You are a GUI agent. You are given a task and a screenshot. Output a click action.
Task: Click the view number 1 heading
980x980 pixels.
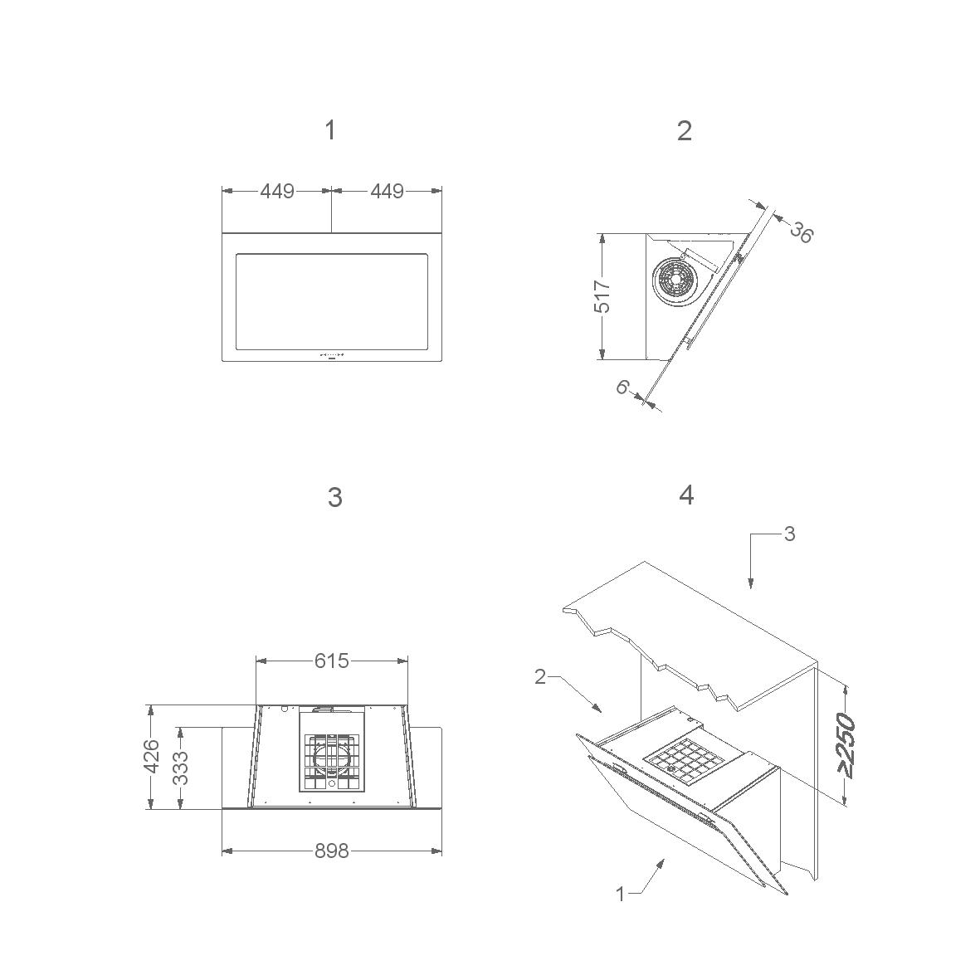coord(330,130)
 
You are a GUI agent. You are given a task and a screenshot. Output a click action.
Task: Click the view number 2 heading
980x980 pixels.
coord(685,130)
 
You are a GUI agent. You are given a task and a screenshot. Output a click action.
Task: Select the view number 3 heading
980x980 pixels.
coord(335,497)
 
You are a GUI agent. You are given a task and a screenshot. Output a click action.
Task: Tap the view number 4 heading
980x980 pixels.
coord(686,495)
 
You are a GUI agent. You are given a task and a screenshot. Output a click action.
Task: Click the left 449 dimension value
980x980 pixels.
coord(277,191)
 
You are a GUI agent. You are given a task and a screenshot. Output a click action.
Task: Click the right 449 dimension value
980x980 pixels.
coord(387,191)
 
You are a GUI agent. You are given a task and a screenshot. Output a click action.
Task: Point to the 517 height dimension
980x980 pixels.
coord(602,296)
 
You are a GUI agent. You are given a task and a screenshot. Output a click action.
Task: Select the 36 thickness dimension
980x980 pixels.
coord(802,232)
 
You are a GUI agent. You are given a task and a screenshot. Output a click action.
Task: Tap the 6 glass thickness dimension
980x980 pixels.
coord(622,388)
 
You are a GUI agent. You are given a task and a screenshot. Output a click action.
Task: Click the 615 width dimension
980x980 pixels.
coord(331,661)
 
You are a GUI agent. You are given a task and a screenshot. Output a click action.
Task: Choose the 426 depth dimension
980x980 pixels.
coord(152,756)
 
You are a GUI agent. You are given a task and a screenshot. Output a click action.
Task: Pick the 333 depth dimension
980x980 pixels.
coord(180,767)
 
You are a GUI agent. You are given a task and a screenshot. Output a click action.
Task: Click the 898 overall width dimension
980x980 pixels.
coord(331,851)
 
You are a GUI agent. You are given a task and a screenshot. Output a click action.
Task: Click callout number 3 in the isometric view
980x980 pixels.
coord(789,534)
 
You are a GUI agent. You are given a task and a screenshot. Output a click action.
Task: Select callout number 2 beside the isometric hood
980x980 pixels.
coord(541,676)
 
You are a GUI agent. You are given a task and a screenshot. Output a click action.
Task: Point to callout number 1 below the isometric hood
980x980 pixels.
coord(620,895)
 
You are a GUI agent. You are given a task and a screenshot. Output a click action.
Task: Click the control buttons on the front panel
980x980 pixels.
coord(332,354)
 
